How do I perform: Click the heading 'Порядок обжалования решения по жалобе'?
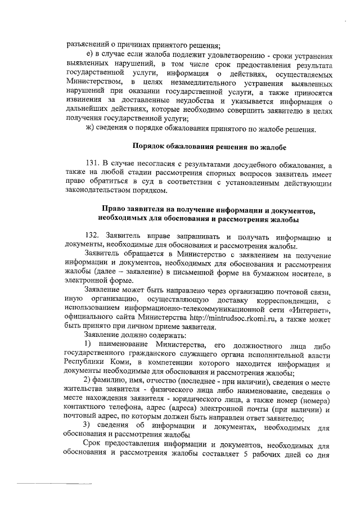coord(209,147)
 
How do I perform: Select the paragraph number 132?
coord(90,234)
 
